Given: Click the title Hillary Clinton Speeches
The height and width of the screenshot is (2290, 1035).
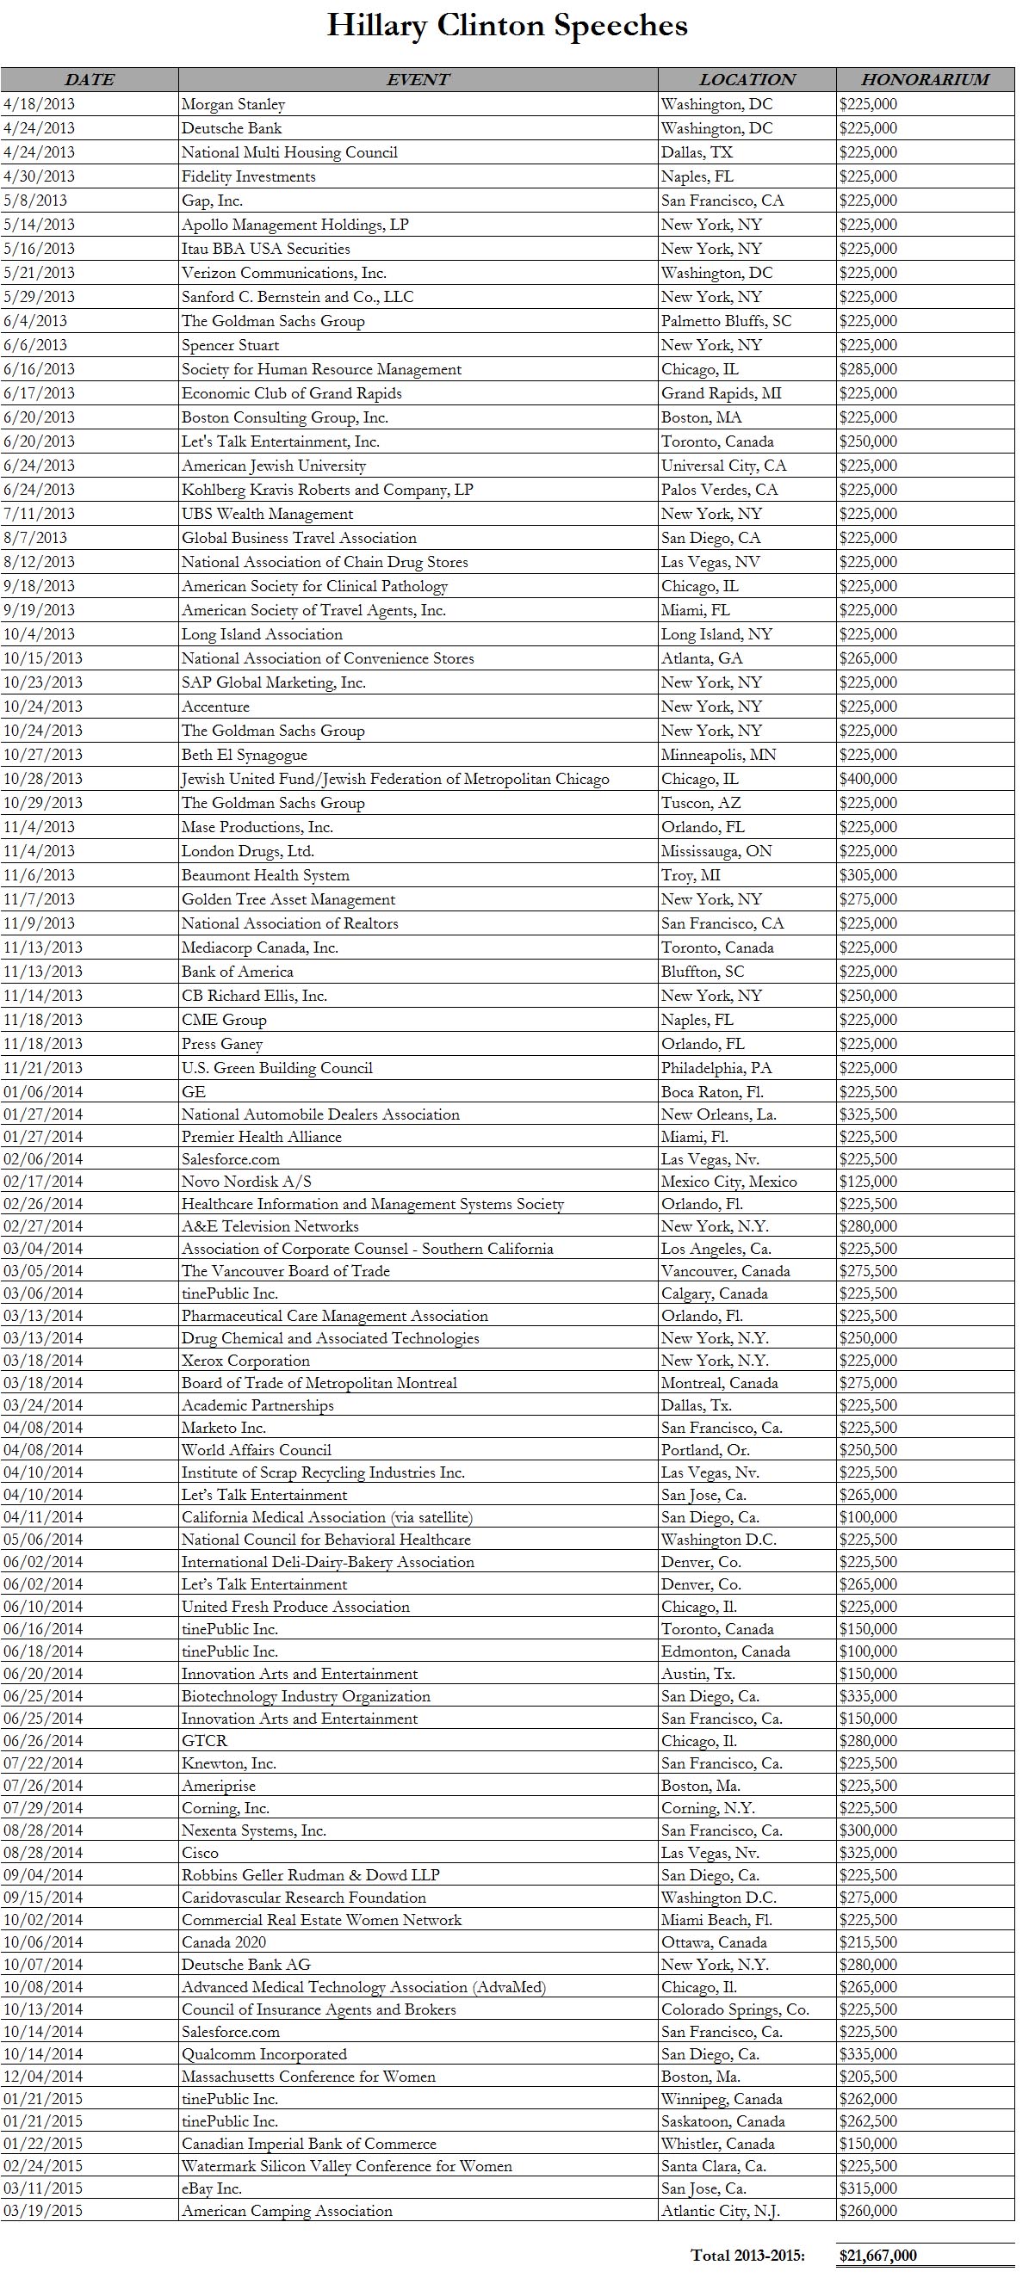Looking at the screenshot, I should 507,26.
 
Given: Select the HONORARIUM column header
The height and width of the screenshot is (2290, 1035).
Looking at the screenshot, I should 925,79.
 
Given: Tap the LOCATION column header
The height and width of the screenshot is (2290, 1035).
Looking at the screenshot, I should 747,79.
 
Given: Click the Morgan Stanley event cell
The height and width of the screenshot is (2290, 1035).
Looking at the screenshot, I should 233,104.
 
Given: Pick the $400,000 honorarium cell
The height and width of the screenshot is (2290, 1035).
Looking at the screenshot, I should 868,779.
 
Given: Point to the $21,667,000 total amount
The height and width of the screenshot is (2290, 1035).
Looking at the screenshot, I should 877,2256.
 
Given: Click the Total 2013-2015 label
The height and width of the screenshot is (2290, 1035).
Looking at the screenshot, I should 747,2256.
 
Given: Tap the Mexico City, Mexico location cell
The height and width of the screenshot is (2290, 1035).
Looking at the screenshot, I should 729,1182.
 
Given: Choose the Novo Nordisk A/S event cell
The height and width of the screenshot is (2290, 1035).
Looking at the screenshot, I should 246,1182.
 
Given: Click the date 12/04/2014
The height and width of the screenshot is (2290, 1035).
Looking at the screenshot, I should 43,2077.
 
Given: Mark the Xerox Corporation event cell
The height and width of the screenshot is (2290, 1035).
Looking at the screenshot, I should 245,1360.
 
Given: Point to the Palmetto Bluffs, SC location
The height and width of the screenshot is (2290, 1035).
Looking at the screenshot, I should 726,321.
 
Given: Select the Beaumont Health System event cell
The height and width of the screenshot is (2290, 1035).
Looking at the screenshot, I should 265,874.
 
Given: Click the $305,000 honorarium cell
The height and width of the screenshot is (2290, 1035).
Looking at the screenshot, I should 868,874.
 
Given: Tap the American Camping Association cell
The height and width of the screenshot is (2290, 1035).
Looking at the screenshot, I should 287,2211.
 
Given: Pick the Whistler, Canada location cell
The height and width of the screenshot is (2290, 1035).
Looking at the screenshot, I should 717,2144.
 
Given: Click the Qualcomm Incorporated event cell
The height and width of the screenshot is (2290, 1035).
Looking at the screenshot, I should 264,2054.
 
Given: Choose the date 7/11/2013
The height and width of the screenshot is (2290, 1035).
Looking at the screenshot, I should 39,514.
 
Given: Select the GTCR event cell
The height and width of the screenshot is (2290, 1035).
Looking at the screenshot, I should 205,1741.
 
